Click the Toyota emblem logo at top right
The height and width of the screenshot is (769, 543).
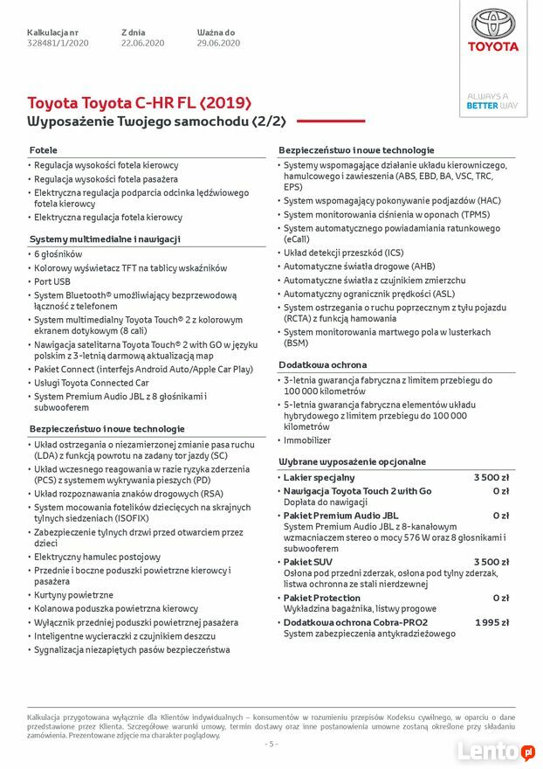click(494, 24)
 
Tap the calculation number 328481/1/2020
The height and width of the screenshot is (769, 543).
click(58, 43)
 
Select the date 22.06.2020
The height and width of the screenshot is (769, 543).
click(142, 43)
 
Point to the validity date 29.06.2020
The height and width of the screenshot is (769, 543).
click(218, 43)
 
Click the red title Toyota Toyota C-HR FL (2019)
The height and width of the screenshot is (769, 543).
click(139, 103)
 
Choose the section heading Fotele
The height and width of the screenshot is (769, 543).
click(44, 150)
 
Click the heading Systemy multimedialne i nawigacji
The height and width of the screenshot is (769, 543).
click(105, 239)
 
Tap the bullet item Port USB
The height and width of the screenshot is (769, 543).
click(52, 281)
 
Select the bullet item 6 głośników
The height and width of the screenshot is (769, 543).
click(59, 253)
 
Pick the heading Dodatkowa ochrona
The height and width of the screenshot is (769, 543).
click(323, 364)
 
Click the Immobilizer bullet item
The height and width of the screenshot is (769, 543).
click(307, 440)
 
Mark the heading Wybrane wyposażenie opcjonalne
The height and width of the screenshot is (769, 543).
click(353, 461)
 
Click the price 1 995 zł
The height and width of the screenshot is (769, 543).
click(492, 622)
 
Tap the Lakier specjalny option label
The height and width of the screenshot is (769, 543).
click(320, 477)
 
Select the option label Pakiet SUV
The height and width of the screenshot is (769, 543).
click(308, 562)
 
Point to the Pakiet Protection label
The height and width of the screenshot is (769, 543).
click(322, 598)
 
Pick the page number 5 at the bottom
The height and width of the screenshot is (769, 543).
click(271, 744)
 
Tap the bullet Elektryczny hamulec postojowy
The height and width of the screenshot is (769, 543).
click(97, 557)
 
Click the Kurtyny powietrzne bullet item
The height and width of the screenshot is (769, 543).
click(73, 595)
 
